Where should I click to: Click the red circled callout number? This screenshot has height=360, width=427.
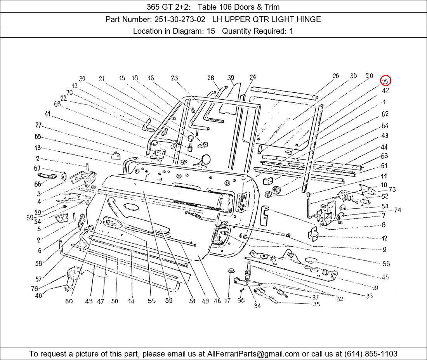point(385,81)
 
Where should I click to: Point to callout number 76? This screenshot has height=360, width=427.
point(35,289)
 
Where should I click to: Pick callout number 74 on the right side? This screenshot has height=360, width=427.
point(397,210)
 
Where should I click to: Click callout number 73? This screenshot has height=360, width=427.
point(392,189)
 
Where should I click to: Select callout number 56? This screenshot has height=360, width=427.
point(386,264)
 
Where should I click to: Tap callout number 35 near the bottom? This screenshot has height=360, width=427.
point(316,304)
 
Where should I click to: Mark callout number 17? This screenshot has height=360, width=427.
point(227,301)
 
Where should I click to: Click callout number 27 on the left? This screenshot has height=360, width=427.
point(38,125)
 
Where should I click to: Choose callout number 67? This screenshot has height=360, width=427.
point(37,168)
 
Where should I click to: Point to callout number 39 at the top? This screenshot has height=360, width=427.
point(231,78)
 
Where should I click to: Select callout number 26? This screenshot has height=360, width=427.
point(336,76)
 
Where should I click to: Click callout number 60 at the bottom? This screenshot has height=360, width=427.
point(69,301)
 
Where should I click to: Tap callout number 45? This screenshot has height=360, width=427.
point(385,277)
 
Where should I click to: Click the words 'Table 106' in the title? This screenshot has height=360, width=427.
point(211,7)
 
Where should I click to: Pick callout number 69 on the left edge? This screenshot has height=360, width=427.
point(30,218)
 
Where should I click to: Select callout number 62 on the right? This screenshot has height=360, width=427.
point(385,114)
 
